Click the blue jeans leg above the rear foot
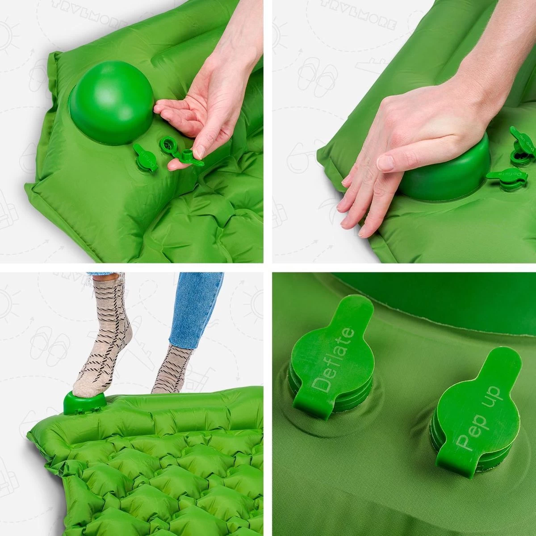[197, 308]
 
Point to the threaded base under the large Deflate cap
[313, 398]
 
